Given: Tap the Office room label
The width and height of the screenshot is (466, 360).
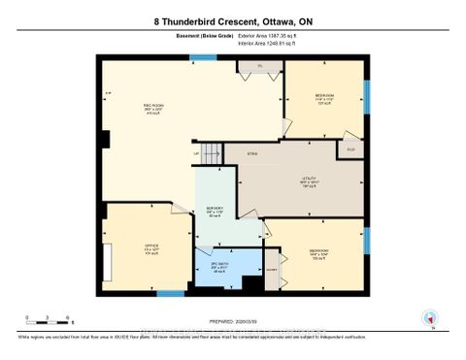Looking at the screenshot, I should [123, 246].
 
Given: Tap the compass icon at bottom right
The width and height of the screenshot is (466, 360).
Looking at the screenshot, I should [428, 316].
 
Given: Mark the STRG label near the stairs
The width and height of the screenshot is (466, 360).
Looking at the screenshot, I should [251, 153].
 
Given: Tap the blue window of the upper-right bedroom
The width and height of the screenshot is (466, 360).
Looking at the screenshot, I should [367, 96].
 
